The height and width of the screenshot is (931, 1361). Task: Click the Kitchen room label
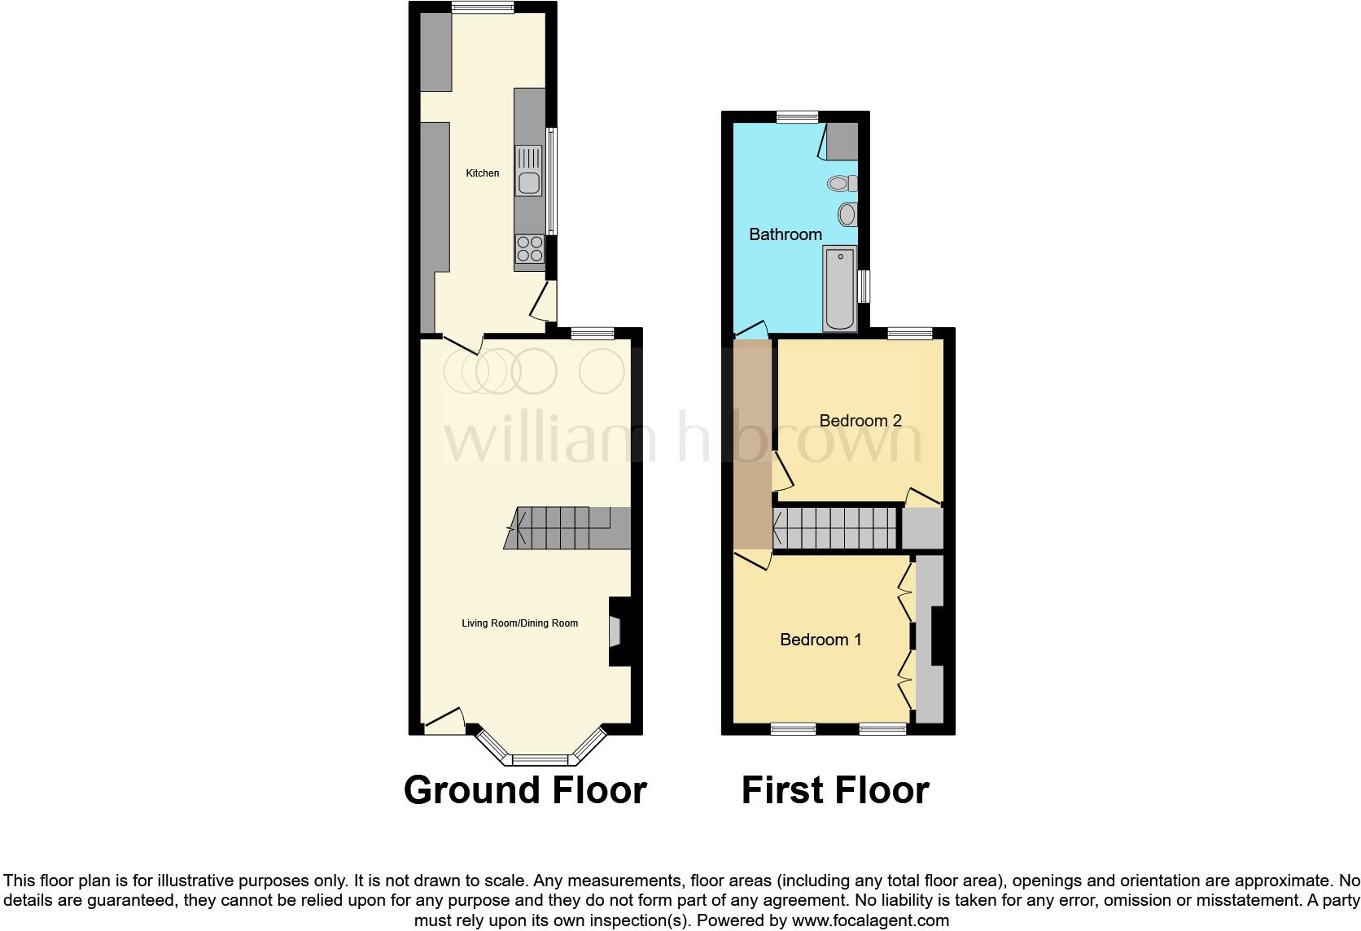(482, 173)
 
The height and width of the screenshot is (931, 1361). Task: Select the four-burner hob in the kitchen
(530, 248)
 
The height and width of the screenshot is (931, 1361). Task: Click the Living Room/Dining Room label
(519, 623)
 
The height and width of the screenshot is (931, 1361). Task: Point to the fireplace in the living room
(616, 632)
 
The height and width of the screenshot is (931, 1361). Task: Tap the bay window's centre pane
(543, 760)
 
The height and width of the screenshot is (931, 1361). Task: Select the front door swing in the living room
(444, 719)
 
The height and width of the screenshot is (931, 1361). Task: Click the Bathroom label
(785, 234)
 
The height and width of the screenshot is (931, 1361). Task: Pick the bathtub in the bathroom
(840, 289)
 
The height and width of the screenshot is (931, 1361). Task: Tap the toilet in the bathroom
(842, 183)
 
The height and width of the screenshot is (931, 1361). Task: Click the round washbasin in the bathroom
(847, 215)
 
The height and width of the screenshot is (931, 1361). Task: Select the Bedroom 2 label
(860, 421)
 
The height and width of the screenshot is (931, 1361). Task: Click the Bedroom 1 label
(820, 640)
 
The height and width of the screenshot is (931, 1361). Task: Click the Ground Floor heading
(525, 790)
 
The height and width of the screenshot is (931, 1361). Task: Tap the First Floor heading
(834, 790)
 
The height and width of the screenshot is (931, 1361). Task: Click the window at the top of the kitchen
(483, 8)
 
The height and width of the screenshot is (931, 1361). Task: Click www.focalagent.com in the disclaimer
(869, 921)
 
